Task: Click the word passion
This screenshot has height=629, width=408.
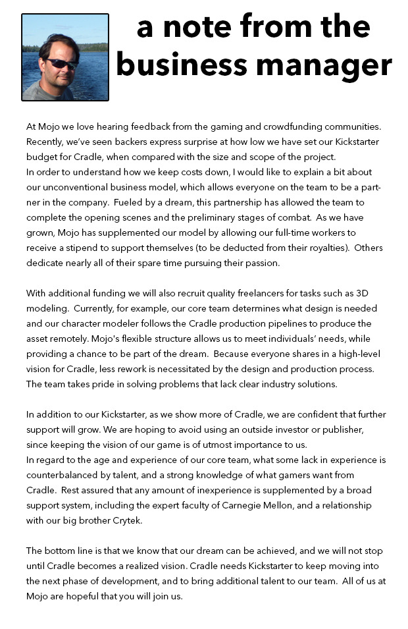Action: (262, 263)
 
